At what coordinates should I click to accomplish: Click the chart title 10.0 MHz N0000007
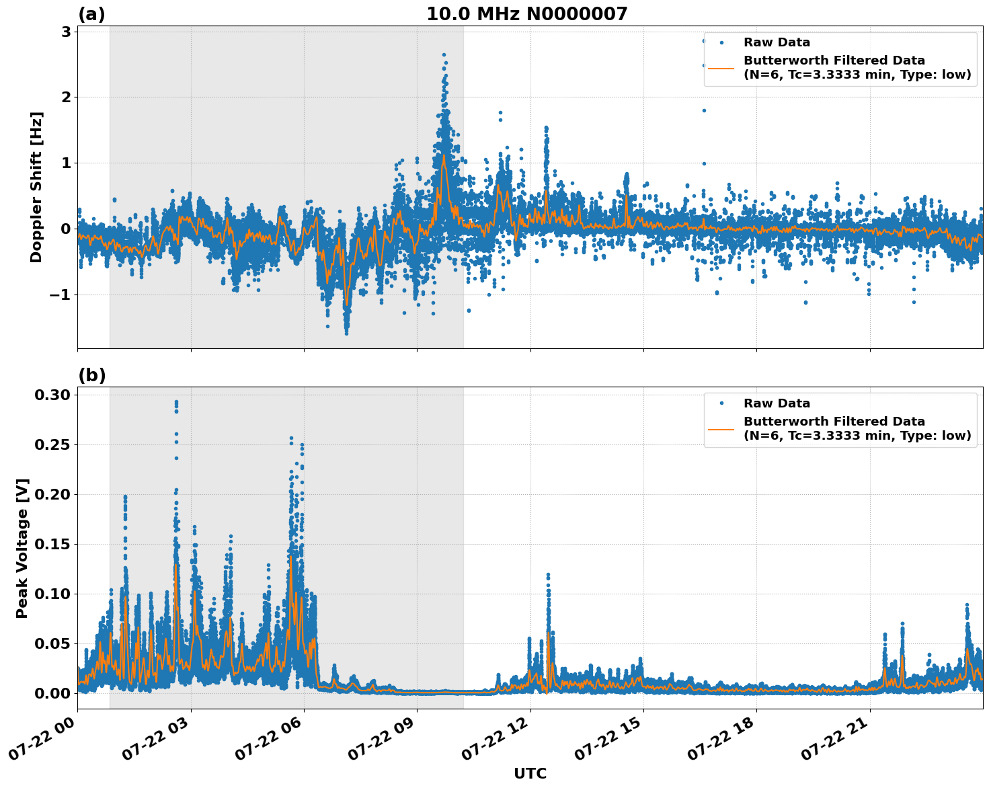point(526,14)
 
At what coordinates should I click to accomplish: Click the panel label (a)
point(91,14)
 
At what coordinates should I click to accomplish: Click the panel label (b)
point(91,375)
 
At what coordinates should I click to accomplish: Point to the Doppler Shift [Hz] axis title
point(36,187)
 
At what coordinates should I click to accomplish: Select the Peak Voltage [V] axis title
point(22,548)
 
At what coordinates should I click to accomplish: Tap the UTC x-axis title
point(530,773)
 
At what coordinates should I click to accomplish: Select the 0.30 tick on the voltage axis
point(52,395)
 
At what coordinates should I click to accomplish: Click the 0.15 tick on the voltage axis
point(52,544)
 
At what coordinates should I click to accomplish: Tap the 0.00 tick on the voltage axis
point(52,693)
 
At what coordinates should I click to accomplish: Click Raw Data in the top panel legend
point(777,42)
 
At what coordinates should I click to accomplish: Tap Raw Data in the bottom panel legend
point(777,403)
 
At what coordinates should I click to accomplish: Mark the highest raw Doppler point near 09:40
point(444,54)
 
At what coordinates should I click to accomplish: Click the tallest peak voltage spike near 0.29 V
point(176,402)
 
